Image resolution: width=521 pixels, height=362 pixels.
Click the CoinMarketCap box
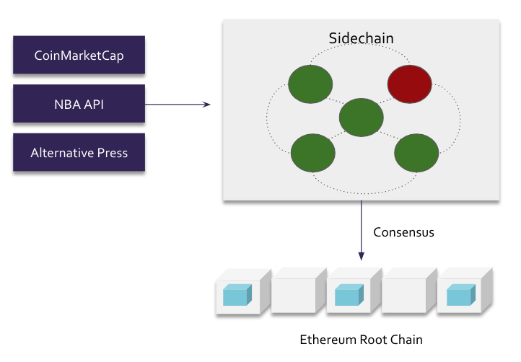tap(79, 55)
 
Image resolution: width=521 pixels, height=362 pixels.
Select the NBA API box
tap(79, 104)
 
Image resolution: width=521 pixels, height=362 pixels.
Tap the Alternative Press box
tap(79, 152)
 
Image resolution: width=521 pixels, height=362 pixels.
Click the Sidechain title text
tap(361, 37)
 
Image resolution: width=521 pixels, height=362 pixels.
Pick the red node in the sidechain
tap(410, 84)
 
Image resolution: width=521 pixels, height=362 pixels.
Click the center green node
tap(361, 118)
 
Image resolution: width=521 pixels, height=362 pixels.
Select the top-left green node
tap(310, 84)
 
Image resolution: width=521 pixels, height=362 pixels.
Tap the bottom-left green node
tap(312, 153)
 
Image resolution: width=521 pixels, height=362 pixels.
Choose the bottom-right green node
tap(416, 153)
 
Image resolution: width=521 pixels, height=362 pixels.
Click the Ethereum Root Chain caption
tap(361, 339)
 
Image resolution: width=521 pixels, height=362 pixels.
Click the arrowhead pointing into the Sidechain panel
tap(207, 105)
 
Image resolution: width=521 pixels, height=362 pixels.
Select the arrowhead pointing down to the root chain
tap(361, 256)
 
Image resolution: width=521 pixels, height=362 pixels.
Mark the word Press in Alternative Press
tap(112, 153)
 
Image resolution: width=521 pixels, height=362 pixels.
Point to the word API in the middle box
tap(92, 104)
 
